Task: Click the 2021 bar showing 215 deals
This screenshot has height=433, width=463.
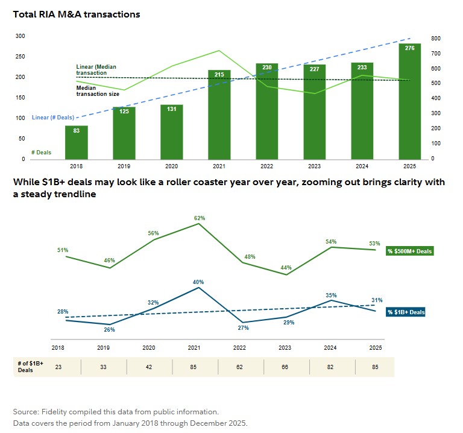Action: (219, 115)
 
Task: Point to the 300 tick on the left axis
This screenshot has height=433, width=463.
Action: (20, 36)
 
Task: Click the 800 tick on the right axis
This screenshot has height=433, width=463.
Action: (436, 39)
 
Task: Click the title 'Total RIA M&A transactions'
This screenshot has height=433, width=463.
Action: (77, 14)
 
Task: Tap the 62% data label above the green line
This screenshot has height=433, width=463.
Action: (200, 218)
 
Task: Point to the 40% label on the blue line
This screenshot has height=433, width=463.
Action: (198, 282)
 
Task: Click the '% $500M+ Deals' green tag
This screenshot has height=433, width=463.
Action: (410, 251)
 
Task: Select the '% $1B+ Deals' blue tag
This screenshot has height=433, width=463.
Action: (406, 312)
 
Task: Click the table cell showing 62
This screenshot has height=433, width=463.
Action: (240, 367)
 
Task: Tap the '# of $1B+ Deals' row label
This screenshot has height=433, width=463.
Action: (25, 367)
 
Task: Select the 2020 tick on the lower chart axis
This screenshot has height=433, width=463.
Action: (148, 348)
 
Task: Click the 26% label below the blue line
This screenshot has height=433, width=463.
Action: (109, 329)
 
